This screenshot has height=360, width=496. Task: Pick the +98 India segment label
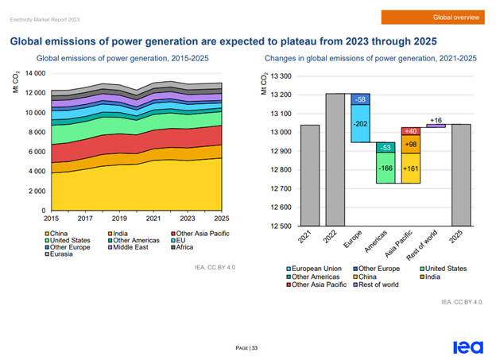[x=411, y=144]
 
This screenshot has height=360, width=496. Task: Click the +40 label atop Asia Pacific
[x=411, y=131]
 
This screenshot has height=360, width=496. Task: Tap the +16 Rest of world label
[x=436, y=121]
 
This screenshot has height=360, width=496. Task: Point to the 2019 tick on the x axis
[x=119, y=218]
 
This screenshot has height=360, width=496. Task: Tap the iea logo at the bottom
[x=466, y=347]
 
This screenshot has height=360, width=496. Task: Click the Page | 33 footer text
[x=247, y=348]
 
